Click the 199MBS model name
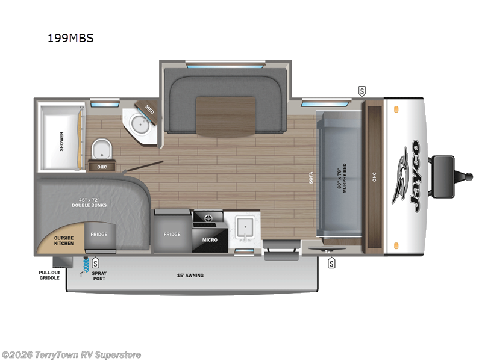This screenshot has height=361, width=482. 70,39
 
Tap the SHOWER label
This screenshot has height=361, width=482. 61,141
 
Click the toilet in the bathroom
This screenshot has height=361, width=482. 101,149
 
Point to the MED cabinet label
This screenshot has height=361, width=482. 149,110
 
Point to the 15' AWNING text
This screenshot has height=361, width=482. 190,276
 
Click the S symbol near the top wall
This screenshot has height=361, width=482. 361,91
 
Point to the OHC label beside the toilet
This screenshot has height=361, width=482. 102,167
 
